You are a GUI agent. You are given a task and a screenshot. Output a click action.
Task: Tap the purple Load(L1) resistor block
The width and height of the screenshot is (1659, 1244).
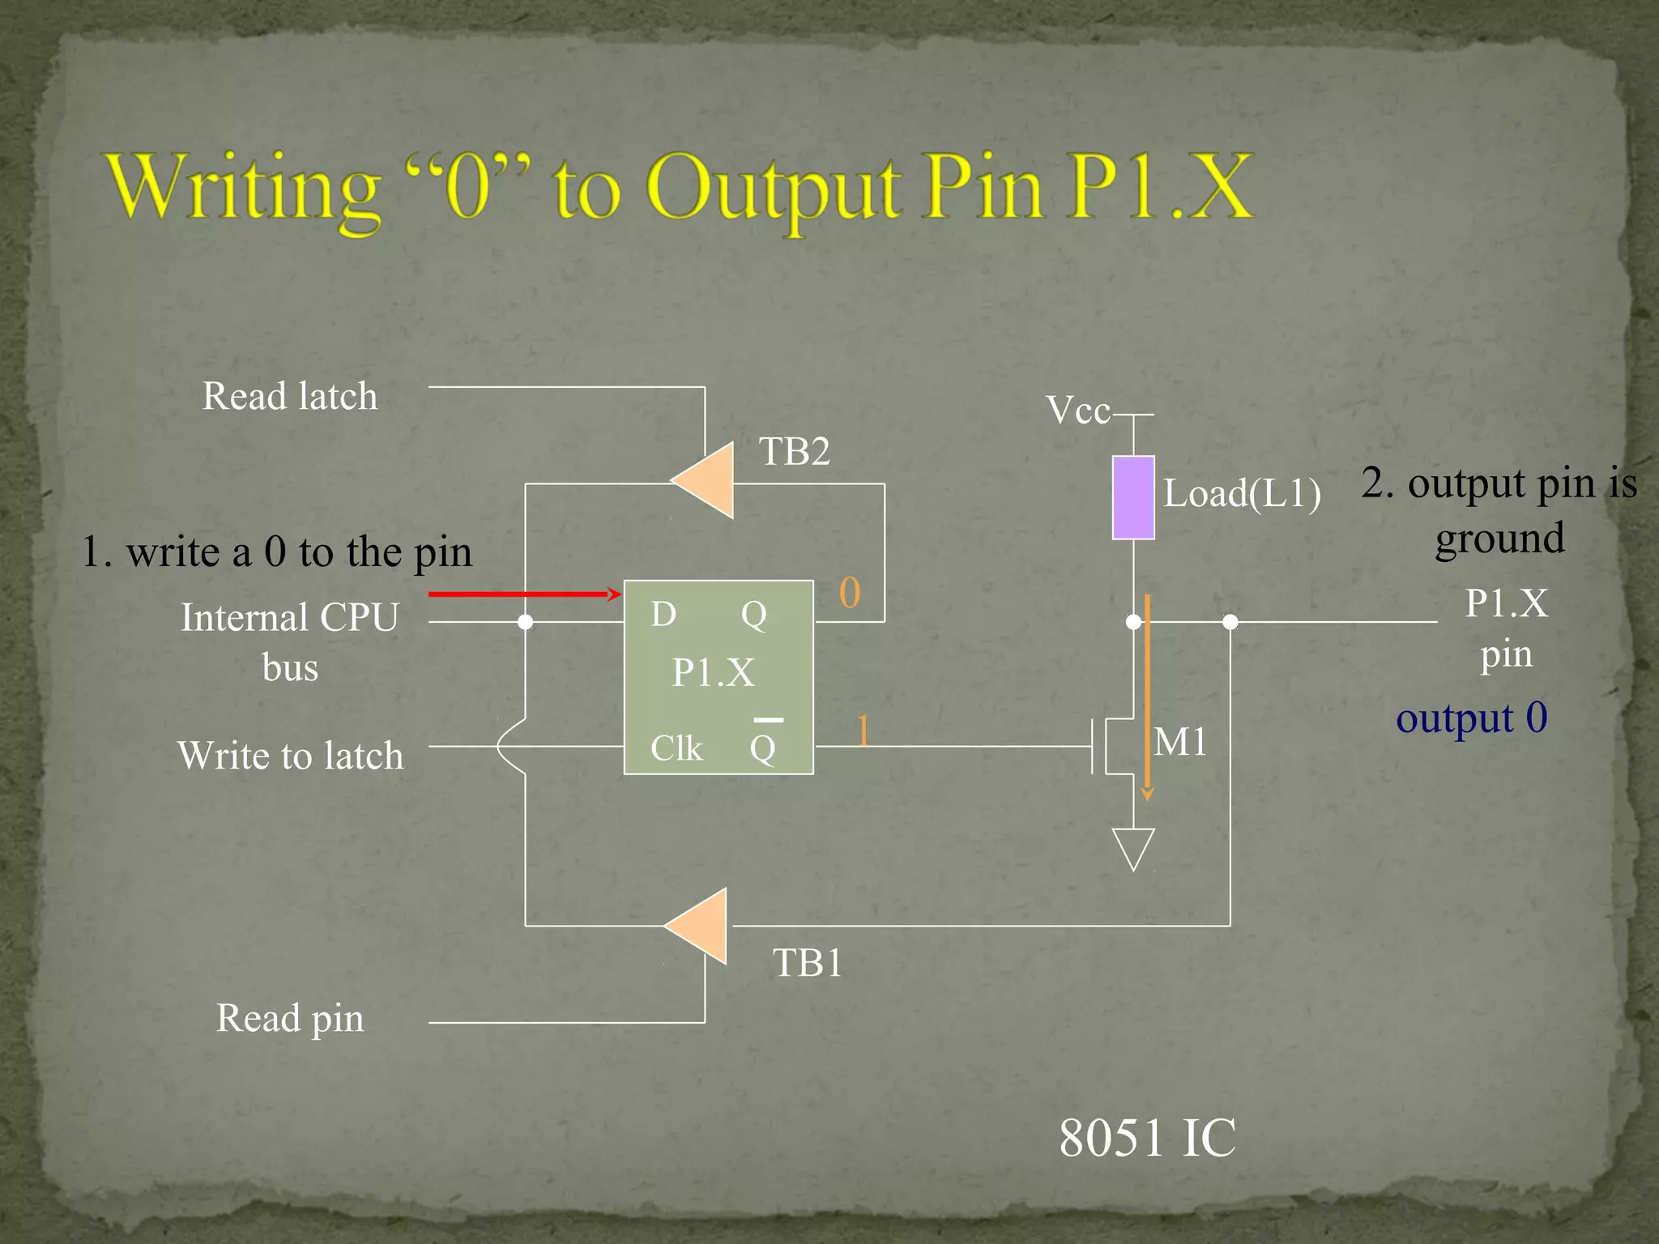point(1132,497)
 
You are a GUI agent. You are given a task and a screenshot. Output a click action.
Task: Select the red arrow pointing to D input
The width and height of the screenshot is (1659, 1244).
point(525,594)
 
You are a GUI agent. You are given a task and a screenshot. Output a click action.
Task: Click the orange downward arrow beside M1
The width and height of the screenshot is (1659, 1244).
point(1147,697)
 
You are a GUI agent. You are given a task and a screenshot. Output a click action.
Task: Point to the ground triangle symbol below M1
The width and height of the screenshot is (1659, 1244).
point(1133,846)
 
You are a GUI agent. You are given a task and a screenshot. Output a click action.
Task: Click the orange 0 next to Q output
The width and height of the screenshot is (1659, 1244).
point(850,593)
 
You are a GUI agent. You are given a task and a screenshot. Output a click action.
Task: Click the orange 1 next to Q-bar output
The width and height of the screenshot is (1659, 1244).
point(863,731)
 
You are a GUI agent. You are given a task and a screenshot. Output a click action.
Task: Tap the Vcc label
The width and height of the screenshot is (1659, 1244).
point(1078,411)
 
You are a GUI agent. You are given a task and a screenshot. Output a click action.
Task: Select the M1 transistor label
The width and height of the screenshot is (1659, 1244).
point(1180,742)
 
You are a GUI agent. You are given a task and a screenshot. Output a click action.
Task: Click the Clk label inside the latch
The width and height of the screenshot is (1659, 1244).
point(676,748)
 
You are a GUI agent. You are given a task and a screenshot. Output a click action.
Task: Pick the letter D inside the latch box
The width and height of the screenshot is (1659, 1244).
point(663,615)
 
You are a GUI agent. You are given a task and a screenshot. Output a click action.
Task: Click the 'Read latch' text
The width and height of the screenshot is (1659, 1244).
point(289,397)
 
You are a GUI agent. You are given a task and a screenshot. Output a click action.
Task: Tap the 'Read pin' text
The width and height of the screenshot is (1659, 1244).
point(289,1018)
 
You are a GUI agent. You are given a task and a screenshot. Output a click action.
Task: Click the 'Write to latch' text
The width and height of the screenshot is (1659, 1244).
point(290,756)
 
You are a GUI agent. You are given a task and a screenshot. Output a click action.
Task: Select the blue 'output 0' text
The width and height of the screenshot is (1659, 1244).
point(1471,718)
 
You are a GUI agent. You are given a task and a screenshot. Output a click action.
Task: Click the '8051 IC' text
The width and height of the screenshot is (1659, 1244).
point(1147,1138)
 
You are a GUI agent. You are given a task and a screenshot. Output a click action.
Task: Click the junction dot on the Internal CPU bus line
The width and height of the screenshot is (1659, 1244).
point(525,622)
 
